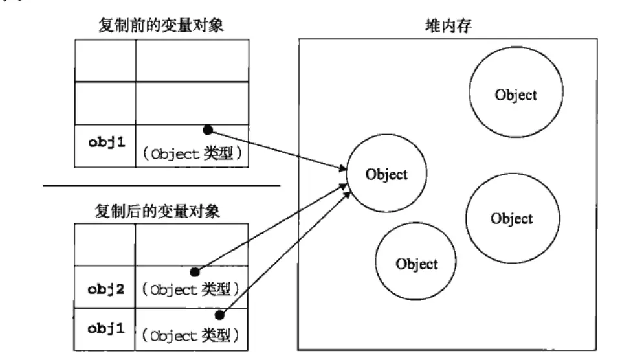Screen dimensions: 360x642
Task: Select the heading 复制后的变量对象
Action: (159, 212)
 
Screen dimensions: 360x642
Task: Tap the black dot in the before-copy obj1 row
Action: (207, 130)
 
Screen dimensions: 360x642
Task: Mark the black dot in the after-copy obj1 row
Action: (219, 315)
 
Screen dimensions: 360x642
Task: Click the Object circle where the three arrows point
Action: (386, 174)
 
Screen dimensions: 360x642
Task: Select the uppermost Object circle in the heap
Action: (515, 95)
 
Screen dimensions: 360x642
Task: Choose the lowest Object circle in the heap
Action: (416, 264)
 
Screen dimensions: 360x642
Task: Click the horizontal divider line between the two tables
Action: (162, 186)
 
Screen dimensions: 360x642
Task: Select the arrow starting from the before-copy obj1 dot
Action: (278, 151)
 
